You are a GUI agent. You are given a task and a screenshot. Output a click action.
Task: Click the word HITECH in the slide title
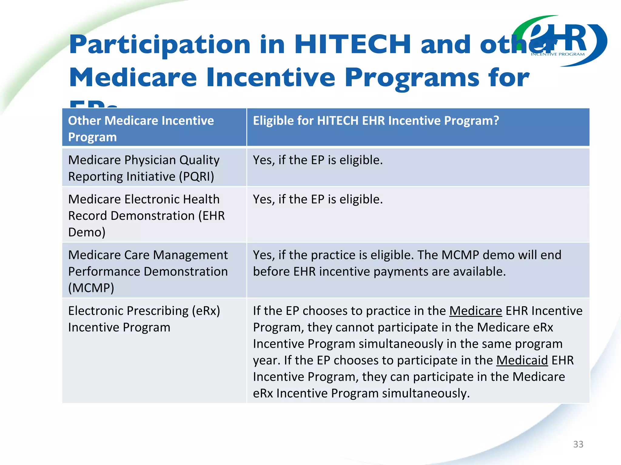click(x=352, y=45)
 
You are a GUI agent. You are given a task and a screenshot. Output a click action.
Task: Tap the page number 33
click(x=578, y=444)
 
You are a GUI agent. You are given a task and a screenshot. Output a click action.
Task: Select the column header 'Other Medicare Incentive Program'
click(x=141, y=129)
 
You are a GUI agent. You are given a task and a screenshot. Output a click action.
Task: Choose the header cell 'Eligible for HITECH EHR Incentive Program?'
click(x=376, y=121)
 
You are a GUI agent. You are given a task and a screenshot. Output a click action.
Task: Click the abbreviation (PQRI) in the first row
click(x=196, y=176)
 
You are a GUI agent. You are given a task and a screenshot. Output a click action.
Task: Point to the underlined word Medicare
click(x=475, y=311)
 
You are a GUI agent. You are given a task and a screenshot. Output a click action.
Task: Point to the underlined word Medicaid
click(x=522, y=360)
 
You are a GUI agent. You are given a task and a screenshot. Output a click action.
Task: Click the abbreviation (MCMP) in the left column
click(x=91, y=288)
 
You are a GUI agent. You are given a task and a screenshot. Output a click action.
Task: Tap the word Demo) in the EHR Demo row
click(x=87, y=232)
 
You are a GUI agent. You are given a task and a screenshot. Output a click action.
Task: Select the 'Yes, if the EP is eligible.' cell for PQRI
click(x=318, y=160)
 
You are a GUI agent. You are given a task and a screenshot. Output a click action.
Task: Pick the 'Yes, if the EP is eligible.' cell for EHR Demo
click(x=318, y=200)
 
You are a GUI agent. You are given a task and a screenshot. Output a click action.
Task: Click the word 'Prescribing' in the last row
click(x=158, y=311)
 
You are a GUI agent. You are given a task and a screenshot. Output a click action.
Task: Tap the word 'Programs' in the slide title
click(x=412, y=78)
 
